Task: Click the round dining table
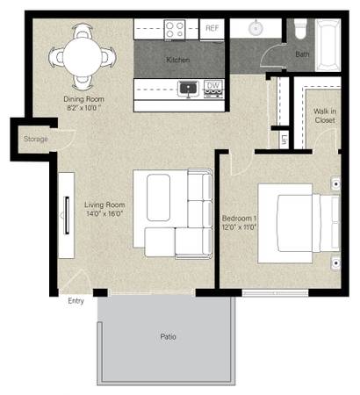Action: (83, 57)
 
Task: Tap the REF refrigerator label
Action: (212, 28)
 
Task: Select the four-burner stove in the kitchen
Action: (175, 30)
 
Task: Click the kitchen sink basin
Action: (189, 88)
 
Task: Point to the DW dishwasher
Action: (213, 89)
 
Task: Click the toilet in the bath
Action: (300, 29)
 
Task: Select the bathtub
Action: (328, 45)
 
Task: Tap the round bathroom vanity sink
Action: (256, 28)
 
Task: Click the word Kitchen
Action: (178, 60)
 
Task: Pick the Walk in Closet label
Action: (325, 116)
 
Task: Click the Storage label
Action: (36, 139)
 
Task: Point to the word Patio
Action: (168, 337)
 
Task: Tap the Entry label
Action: (76, 301)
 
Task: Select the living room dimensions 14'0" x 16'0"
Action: (104, 213)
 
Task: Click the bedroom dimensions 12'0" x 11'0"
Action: (239, 226)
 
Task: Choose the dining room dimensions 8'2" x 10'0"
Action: (83, 108)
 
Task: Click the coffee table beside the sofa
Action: (158, 197)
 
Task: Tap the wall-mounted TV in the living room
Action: (67, 215)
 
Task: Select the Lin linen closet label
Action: (284, 140)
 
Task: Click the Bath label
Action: (302, 54)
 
